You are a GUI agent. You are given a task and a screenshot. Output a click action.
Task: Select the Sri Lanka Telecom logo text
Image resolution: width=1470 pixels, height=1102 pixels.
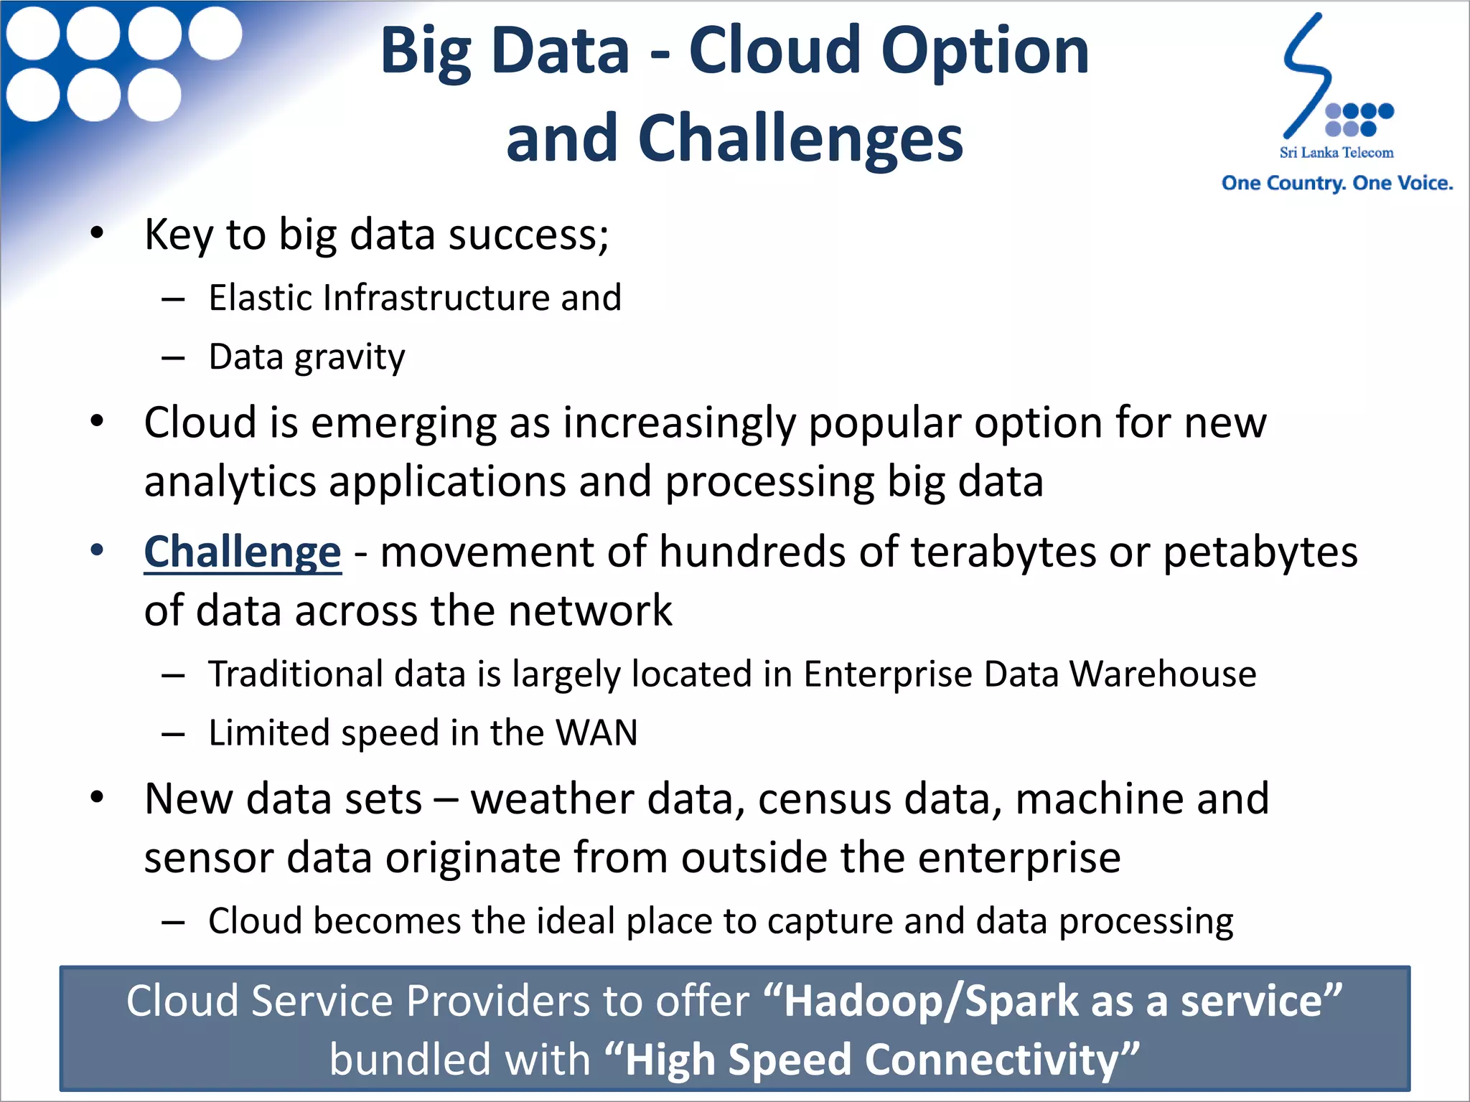1336,152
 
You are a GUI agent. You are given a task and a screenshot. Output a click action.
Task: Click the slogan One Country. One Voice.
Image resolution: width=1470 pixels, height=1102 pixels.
1336,183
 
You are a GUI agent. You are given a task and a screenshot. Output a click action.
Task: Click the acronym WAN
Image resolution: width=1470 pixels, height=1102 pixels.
596,733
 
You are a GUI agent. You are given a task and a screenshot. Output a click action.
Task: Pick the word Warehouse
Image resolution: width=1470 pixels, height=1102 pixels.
1162,674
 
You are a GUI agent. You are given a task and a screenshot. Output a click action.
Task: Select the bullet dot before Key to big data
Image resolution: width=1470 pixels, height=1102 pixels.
97,233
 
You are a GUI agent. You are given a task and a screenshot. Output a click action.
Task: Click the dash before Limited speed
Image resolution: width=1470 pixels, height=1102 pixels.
173,734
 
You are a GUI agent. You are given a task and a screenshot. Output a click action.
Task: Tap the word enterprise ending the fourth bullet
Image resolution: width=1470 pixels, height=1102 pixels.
1019,857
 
